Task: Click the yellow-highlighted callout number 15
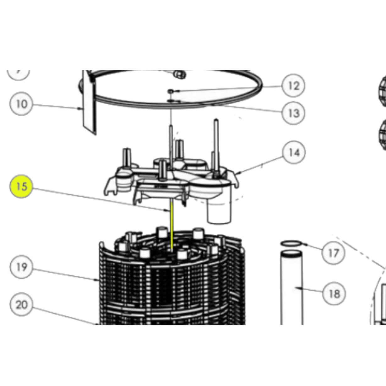click(21, 187)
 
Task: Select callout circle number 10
click(21, 104)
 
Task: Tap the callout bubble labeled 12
click(293, 85)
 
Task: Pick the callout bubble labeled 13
click(293, 113)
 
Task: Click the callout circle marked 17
click(333, 253)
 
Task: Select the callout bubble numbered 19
click(21, 267)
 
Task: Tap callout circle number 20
click(21, 304)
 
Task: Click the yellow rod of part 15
click(172, 226)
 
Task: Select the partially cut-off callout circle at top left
click(18, 73)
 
